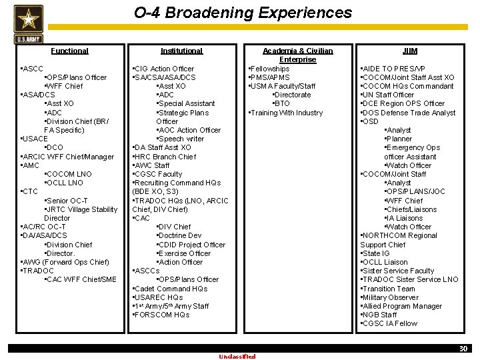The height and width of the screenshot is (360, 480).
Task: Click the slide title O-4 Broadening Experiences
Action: pos(243,13)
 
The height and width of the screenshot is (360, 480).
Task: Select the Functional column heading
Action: pos(69,51)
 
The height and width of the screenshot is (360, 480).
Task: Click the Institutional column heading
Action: pos(181,51)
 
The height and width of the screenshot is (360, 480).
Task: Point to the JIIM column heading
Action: pos(409,51)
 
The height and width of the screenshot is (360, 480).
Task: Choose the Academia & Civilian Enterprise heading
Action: pos(297,55)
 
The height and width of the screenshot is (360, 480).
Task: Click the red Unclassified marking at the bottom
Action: pos(237,356)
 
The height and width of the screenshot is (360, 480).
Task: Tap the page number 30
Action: pos(463,349)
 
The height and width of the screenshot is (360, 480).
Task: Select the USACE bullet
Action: pos(35,139)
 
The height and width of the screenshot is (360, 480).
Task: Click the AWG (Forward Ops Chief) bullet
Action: pos(65,262)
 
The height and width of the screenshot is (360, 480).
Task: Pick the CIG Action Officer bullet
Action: pos(164,69)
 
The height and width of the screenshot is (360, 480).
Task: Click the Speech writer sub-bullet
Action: pos(181,139)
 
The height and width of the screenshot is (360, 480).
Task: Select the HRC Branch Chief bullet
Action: pos(165,157)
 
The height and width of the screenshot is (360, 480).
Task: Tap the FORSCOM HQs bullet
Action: pos(162,315)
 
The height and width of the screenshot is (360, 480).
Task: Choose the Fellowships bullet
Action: pos(269,69)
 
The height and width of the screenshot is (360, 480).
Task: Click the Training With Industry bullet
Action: pos(286,113)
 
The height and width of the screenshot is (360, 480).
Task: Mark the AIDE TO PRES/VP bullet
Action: pos(393,69)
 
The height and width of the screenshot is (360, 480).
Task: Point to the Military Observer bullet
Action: pos(390,297)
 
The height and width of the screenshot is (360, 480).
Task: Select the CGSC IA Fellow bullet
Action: pos(389,323)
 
